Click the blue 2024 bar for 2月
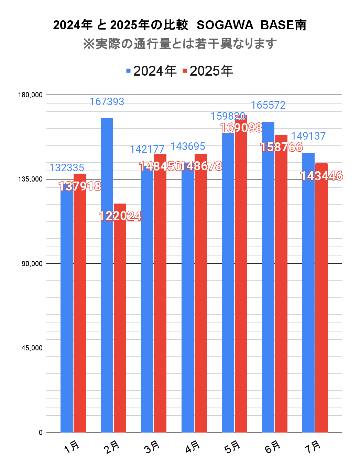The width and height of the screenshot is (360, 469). (107, 275)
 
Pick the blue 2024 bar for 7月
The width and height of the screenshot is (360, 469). (308, 292)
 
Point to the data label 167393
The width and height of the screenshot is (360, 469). (107, 102)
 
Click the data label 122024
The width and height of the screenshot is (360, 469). (120, 216)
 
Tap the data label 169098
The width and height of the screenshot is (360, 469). (241, 128)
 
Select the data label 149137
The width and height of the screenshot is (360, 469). (308, 136)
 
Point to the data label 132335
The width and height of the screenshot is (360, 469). (67, 168)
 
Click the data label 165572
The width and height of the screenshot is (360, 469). (268, 105)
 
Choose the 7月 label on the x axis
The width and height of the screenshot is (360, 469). (313, 447)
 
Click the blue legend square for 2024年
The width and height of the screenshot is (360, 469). (129, 71)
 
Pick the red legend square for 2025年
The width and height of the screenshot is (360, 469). (185, 71)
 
